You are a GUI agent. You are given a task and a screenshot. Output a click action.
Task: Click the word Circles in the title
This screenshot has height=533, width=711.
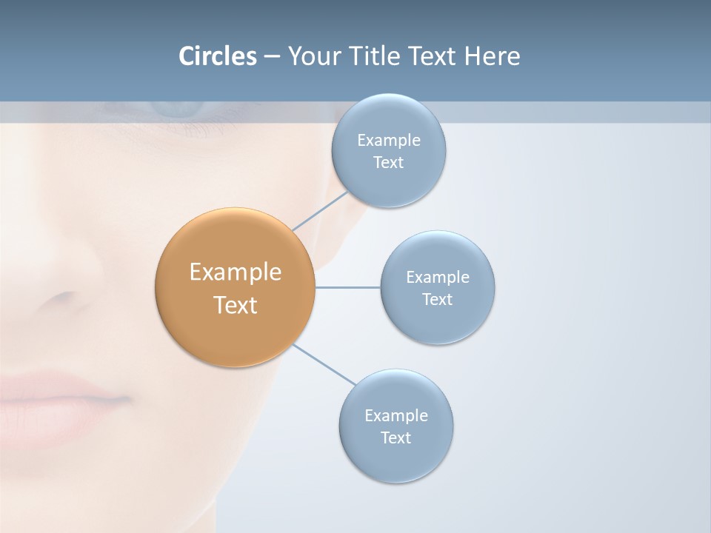point(218,56)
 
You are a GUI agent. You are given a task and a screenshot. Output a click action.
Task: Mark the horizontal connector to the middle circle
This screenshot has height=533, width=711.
point(348,287)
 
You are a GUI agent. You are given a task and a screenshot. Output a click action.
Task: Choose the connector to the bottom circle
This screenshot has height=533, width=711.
point(324,363)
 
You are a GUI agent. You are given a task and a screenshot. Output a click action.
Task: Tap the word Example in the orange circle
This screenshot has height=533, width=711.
point(236,272)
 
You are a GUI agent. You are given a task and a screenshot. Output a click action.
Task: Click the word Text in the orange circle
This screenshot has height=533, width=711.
point(236,305)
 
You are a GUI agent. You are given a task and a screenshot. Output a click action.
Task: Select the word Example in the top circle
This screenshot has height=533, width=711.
point(389,140)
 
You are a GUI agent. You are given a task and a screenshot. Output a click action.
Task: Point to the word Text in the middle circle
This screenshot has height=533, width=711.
point(438,299)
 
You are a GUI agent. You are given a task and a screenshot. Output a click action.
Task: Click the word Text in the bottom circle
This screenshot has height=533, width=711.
point(396,438)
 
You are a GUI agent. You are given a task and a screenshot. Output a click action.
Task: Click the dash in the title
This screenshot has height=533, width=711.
point(272,57)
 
